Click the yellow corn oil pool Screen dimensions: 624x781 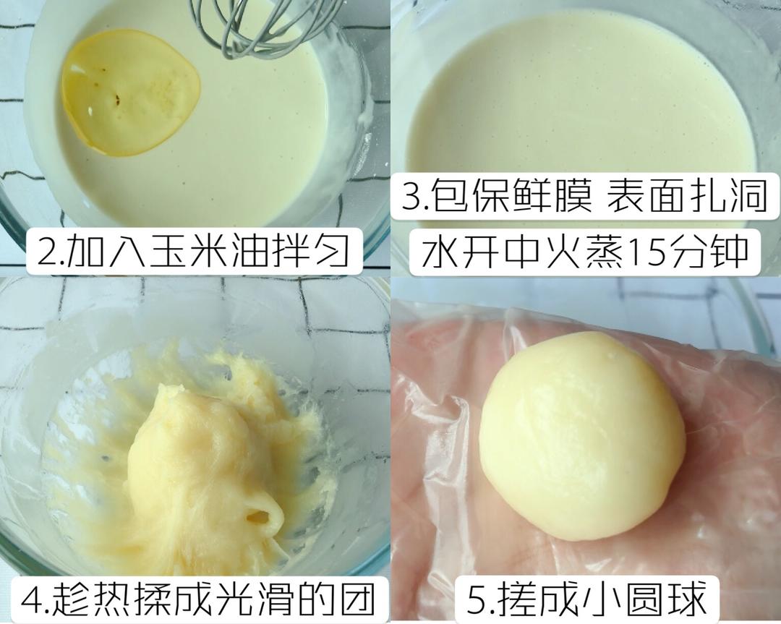(x=130, y=93)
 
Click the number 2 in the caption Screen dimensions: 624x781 (x=45, y=249)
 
